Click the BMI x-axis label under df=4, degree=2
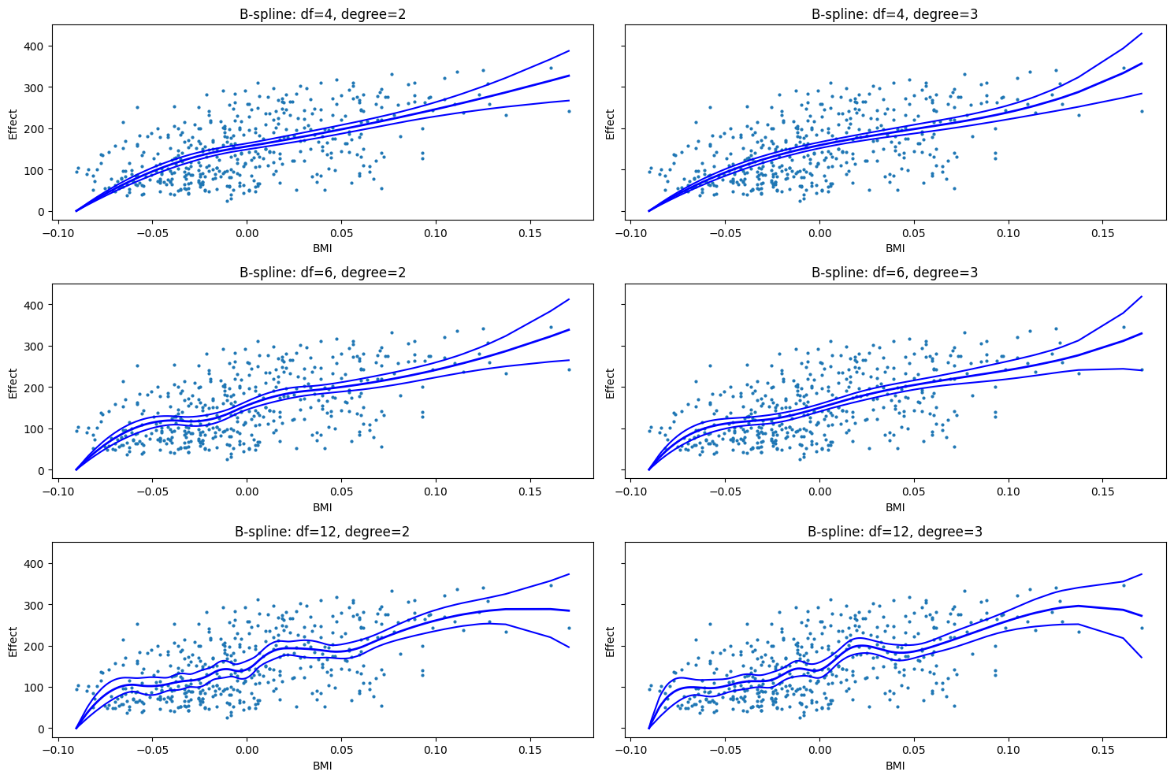coord(322,248)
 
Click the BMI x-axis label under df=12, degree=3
coord(895,766)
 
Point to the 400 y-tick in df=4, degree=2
coord(35,46)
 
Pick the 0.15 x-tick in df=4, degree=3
coord(1102,233)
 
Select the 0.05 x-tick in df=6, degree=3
coord(913,492)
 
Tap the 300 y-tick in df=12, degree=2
coord(35,605)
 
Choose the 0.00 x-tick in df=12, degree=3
coord(819,751)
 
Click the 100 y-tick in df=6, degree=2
coord(35,429)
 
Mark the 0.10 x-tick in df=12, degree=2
coord(435,751)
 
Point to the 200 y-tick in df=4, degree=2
coord(35,128)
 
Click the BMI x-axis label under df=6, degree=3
coord(895,506)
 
